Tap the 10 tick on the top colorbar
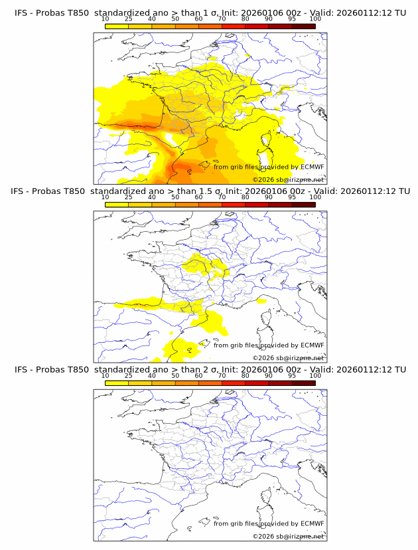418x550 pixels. click(105, 19)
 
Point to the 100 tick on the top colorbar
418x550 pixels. click(315, 19)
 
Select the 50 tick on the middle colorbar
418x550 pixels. click(175, 197)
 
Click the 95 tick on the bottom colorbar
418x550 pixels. click(292, 375)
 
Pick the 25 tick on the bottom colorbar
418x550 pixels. click(129, 375)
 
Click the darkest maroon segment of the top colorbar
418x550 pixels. click(303, 27)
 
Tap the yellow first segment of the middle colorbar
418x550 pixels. click(117, 205)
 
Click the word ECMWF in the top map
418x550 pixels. click(312, 167)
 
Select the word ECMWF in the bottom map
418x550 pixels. click(312, 523)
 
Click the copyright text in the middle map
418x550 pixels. click(289, 357)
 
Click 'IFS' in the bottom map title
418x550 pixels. click(21, 369)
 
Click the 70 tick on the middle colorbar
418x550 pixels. click(222, 197)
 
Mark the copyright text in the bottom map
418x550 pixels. click(289, 535)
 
